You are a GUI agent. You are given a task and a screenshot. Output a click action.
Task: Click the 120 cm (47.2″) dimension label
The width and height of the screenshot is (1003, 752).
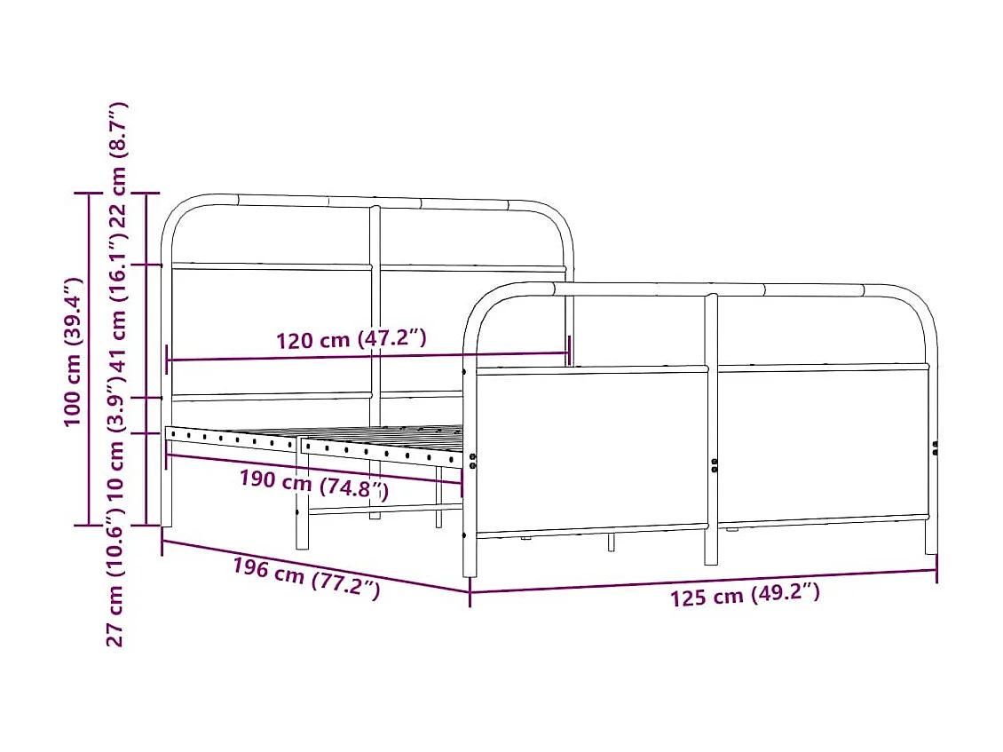pyautogui.click(x=351, y=340)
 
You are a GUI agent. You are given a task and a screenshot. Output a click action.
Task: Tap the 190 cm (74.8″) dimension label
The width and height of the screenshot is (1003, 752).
pyautogui.click(x=313, y=485)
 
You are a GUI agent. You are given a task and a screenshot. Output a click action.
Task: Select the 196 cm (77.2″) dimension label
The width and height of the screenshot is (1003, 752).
pyautogui.click(x=306, y=578)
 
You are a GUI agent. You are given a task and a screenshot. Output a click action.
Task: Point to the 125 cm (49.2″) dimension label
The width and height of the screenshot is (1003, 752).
pyautogui.click(x=745, y=595)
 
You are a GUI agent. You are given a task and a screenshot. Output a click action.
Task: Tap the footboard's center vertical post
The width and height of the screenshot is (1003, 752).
pyautogui.click(x=711, y=426)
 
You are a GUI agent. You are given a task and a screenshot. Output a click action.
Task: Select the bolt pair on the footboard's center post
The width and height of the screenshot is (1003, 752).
pyautogui.click(x=714, y=464)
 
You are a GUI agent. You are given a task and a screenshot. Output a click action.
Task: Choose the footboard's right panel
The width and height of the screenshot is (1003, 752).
pyautogui.click(x=822, y=444)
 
